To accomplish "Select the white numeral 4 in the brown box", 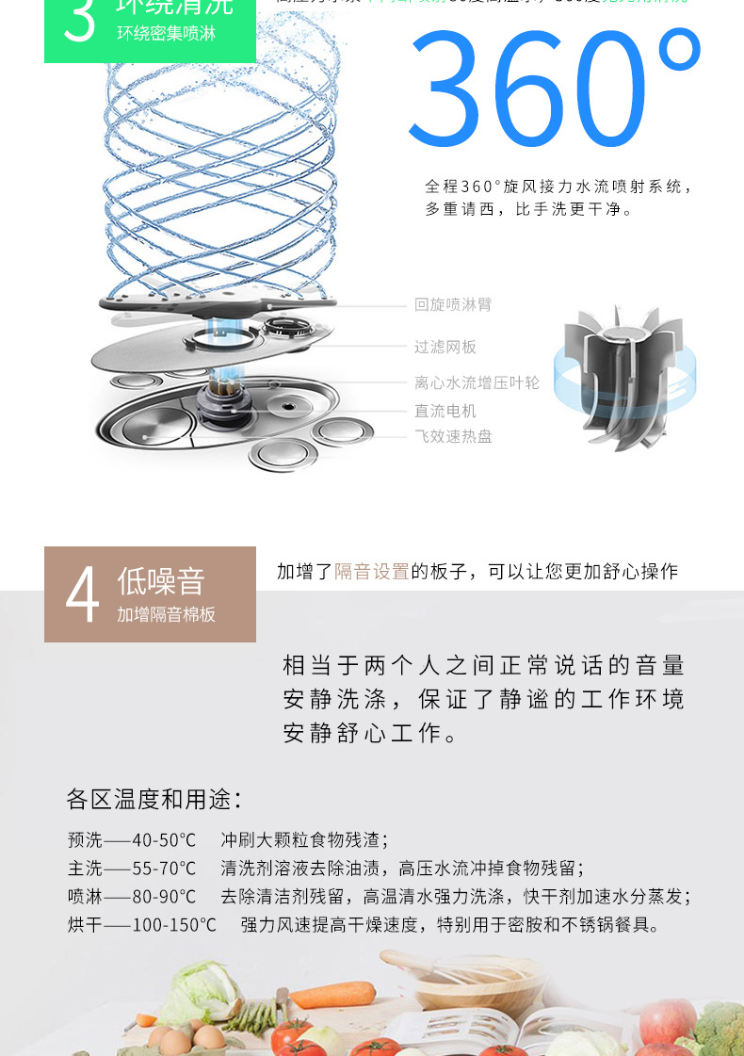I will click(82, 595).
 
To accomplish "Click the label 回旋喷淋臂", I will click(453, 305).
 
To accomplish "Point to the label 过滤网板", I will click(445, 348).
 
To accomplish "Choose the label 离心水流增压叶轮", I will click(477, 382).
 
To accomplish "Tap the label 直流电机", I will click(445, 412).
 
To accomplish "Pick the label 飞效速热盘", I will click(453, 436).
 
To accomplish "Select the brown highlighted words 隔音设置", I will click(372, 572).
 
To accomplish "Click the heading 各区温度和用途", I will click(154, 800).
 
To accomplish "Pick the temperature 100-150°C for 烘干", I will click(173, 925).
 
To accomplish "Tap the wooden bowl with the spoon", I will click(456, 989).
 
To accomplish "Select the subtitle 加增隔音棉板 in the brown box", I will click(166, 615).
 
